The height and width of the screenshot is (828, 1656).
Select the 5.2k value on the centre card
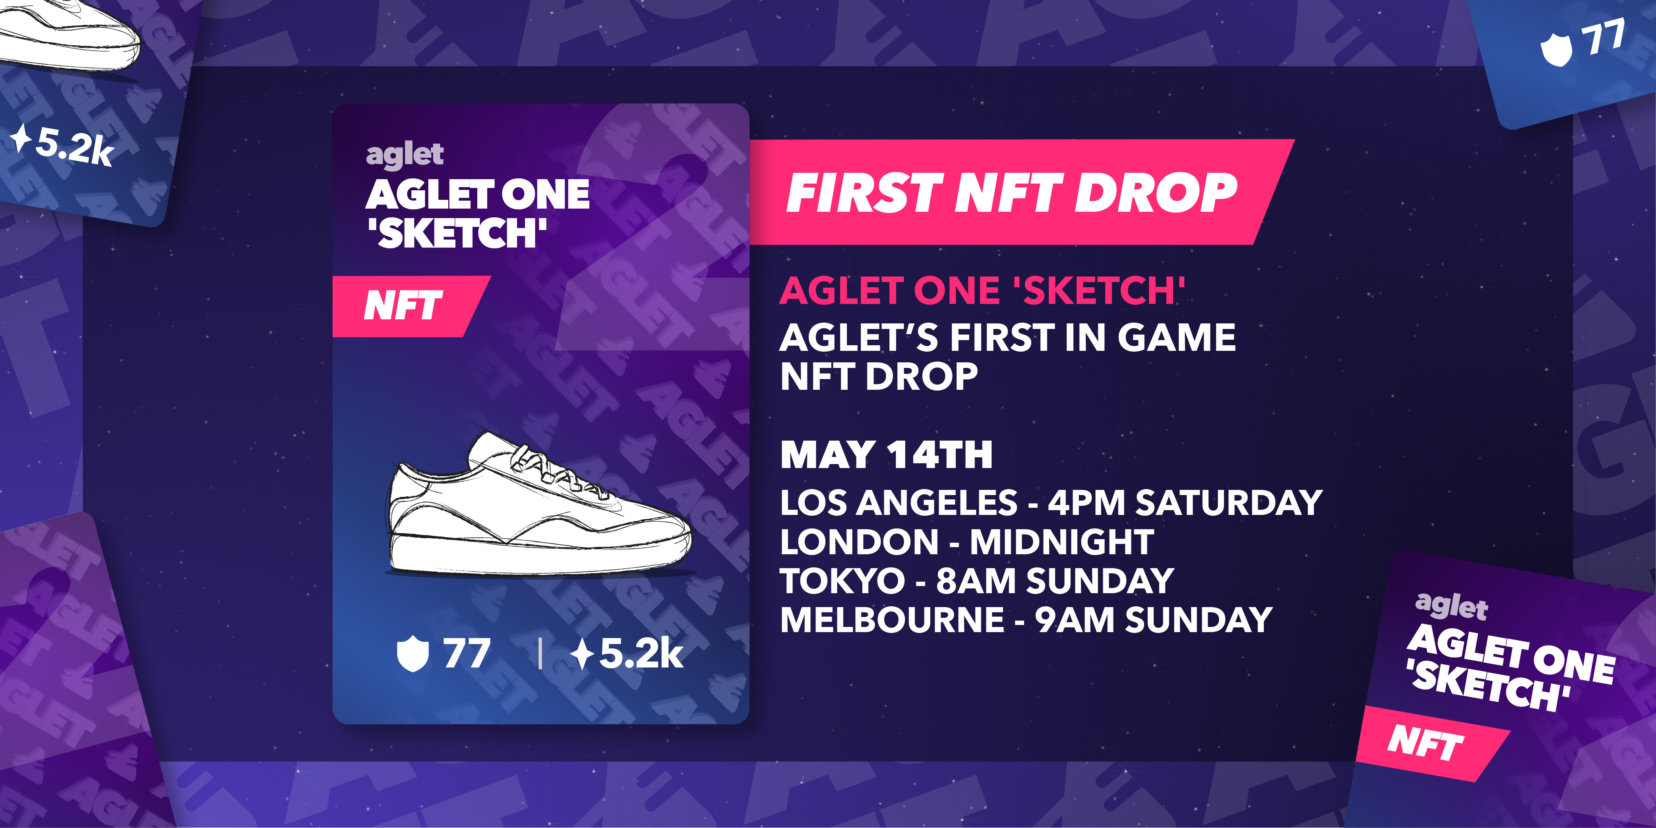point(641,654)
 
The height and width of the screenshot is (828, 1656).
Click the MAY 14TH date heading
point(887,455)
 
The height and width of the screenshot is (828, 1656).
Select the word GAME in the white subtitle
point(1176,337)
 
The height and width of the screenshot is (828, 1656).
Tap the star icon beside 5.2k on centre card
point(583,654)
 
